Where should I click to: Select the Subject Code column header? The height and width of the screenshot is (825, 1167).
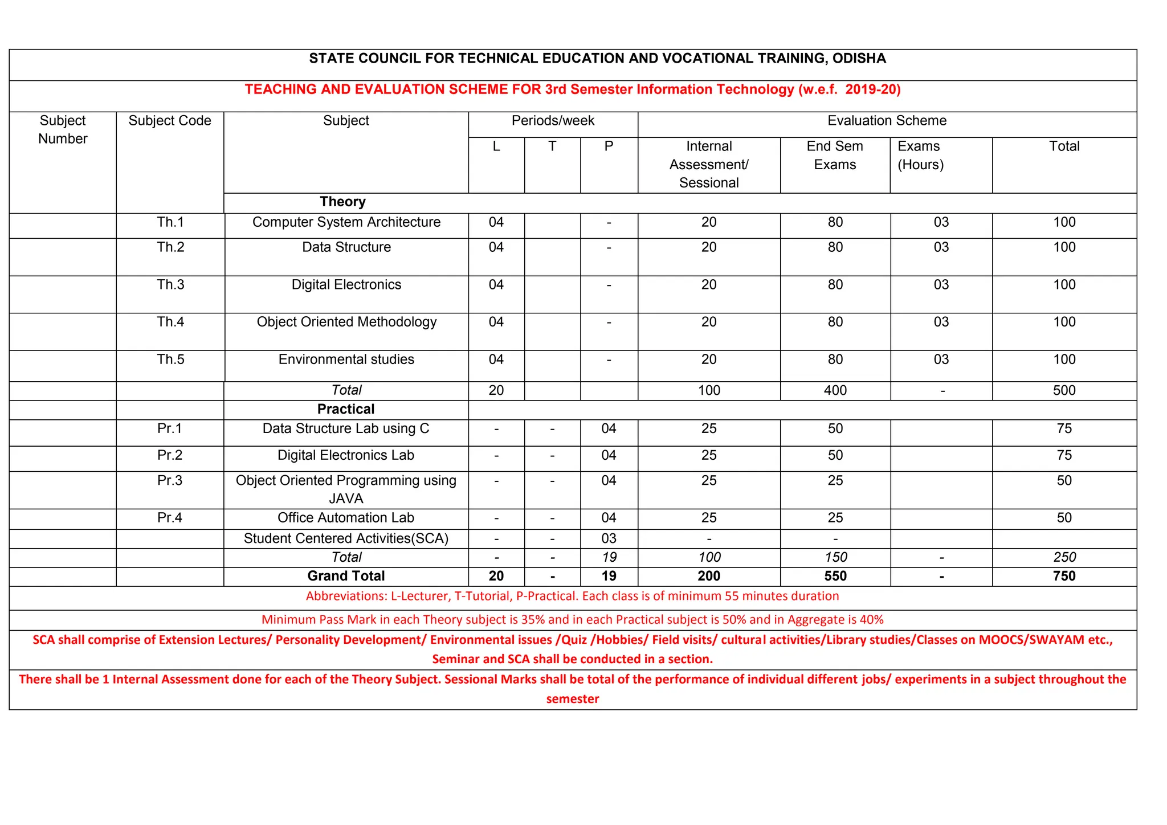click(x=170, y=121)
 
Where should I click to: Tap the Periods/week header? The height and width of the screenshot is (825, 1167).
click(x=553, y=121)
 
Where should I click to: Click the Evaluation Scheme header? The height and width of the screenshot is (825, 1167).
click(x=887, y=121)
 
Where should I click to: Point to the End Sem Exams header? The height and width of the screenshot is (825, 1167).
click(x=835, y=156)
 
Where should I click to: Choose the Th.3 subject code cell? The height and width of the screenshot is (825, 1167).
click(x=170, y=285)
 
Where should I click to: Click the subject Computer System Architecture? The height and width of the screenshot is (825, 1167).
click(x=346, y=222)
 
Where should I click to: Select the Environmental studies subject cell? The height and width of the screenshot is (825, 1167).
click(x=346, y=360)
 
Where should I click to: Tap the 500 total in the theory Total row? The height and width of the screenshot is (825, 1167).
click(x=1064, y=391)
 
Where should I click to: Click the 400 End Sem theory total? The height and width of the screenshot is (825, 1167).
click(x=835, y=391)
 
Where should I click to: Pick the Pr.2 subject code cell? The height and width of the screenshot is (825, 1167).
click(x=170, y=455)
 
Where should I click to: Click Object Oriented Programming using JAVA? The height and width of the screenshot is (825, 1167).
click(x=346, y=489)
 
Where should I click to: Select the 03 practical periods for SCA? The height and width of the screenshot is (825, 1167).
click(x=609, y=538)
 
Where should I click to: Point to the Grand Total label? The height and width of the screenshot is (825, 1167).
click(x=346, y=576)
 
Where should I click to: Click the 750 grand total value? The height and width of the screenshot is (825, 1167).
click(x=1064, y=576)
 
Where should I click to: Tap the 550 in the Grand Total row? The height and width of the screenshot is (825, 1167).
click(x=835, y=576)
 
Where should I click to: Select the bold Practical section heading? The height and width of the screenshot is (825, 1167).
click(x=346, y=409)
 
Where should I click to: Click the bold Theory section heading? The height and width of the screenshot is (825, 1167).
click(x=342, y=202)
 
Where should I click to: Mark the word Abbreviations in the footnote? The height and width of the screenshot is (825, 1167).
click(x=346, y=597)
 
